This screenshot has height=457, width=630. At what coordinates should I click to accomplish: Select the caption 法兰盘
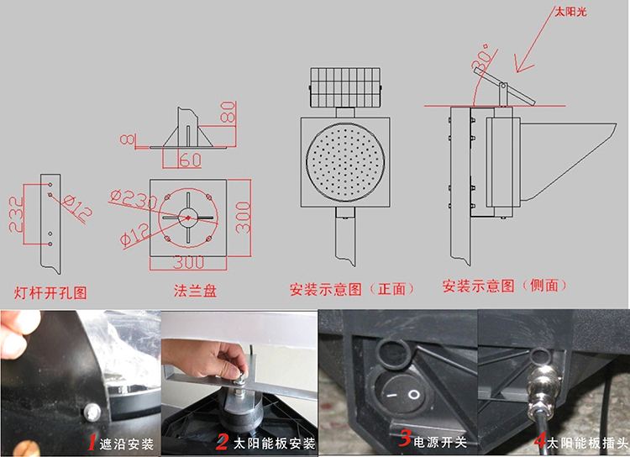pos(195,291)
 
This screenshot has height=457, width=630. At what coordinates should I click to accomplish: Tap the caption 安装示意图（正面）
pos(352,289)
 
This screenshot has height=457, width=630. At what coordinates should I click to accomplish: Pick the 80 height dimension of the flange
pos(228,113)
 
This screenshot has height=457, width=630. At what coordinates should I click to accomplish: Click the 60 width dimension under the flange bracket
pos(190,159)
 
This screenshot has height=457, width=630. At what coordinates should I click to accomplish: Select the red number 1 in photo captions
pos(91,440)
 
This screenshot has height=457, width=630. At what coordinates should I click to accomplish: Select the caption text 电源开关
pos(438,440)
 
